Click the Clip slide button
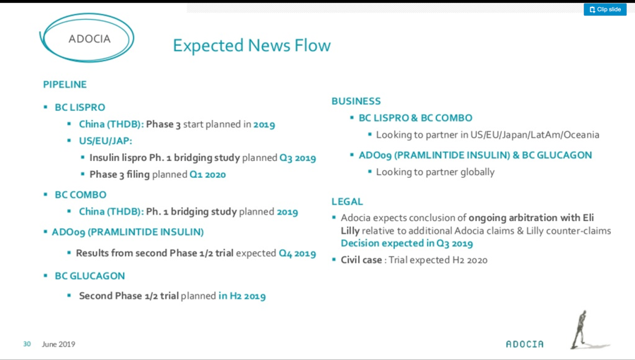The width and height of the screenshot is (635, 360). [x=605, y=9]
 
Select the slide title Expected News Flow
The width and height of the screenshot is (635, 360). [x=251, y=45]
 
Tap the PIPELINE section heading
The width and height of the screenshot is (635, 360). [x=65, y=84]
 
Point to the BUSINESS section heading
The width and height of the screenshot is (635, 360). [x=356, y=101]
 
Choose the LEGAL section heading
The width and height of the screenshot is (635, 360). [x=347, y=201]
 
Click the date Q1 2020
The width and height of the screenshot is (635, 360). [x=208, y=174]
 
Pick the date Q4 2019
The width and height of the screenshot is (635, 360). [x=297, y=253]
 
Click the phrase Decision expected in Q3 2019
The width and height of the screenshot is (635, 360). [x=407, y=243]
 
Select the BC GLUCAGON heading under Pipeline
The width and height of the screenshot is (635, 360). [x=90, y=276]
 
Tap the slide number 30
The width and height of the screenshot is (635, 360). [x=27, y=344]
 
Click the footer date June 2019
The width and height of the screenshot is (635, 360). [x=59, y=344]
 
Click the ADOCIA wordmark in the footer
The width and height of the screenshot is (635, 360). [x=524, y=344]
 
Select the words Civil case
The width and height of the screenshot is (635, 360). [x=361, y=260]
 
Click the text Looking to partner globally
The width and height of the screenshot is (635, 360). [x=435, y=172]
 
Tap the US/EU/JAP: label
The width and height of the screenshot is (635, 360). [x=105, y=140]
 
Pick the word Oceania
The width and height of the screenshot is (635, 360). [x=582, y=135]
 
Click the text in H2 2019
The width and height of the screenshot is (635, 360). [x=242, y=296]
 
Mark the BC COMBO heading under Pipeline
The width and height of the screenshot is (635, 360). [x=81, y=195]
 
